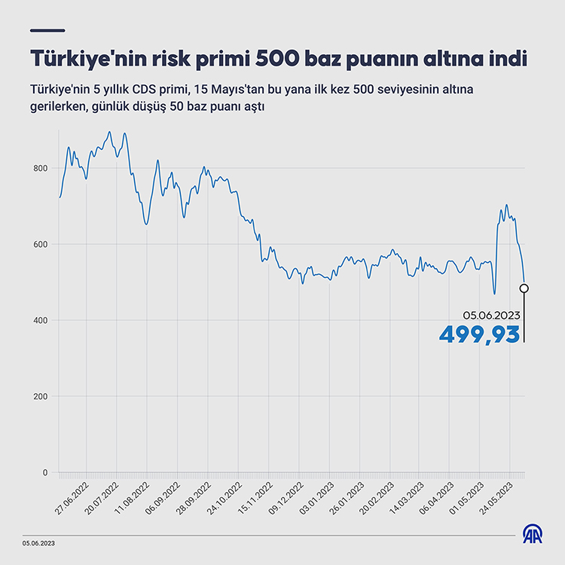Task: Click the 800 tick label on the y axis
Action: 40,168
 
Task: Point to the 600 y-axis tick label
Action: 40,244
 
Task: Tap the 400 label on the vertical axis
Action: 40,320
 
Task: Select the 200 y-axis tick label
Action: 40,396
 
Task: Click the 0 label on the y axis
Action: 44,472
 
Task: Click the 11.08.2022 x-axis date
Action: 131,499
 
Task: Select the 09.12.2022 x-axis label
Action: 286,499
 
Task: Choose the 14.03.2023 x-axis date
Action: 404,499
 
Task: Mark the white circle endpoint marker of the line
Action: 524,288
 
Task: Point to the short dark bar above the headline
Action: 47,31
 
